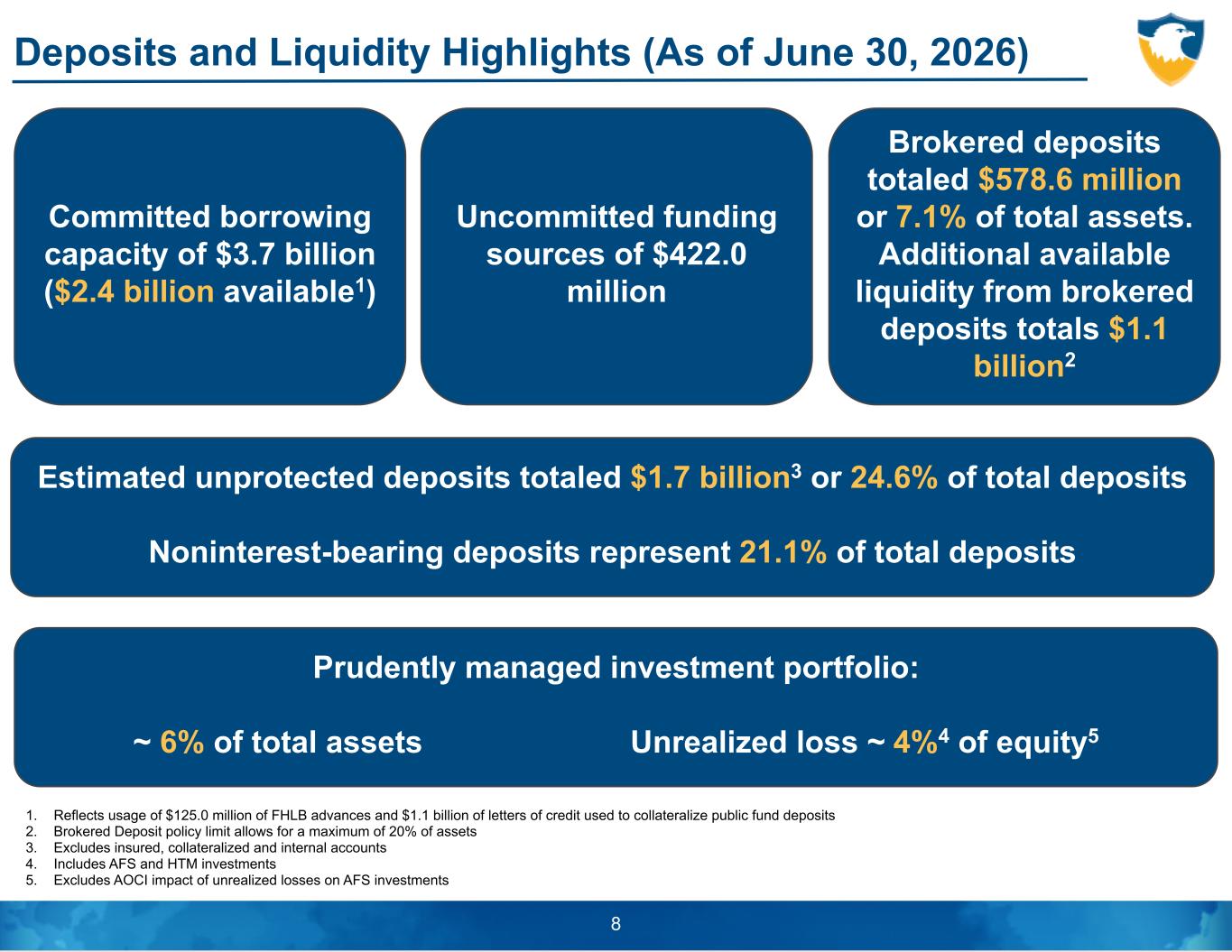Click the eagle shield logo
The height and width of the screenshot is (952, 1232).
click(1171, 49)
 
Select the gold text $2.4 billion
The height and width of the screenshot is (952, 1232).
click(134, 291)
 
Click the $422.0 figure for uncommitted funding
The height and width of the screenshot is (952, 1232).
click(699, 254)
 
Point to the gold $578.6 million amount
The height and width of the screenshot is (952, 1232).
click(1080, 180)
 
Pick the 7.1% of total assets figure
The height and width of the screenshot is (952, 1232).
click(931, 217)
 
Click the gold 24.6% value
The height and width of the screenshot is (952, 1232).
click(894, 477)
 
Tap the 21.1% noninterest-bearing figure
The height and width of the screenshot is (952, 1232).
click(783, 552)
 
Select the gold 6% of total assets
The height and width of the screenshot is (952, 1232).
click(182, 742)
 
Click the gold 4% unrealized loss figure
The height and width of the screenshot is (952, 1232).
click(914, 742)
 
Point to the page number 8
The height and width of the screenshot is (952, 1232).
click(616, 924)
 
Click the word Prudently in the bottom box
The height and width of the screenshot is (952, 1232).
click(384, 668)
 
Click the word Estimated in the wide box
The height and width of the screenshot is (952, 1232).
click(112, 477)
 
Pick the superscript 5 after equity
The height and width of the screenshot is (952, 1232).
click(1092, 735)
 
